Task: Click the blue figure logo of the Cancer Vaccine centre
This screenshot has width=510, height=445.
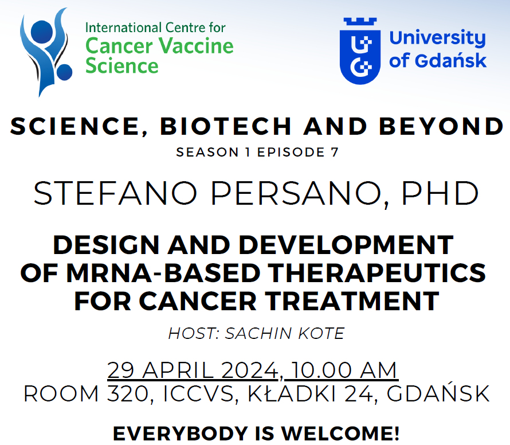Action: tap(45, 52)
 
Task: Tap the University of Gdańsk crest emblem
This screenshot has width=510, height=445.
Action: tap(360, 51)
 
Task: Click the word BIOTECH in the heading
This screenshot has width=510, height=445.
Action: tap(226, 126)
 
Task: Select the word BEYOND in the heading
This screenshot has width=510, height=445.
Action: tap(441, 126)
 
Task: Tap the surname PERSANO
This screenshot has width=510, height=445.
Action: tap(296, 193)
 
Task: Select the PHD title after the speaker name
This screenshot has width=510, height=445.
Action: tap(440, 193)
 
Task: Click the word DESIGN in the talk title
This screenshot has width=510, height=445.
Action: tap(106, 245)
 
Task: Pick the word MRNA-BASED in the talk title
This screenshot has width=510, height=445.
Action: tap(163, 273)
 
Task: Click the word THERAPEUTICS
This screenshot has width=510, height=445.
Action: tap(377, 273)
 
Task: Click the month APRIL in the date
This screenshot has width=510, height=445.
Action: tap(178, 370)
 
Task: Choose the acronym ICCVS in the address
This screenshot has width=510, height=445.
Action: tap(198, 394)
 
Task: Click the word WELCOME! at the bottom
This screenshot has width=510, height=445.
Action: tap(340, 434)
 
